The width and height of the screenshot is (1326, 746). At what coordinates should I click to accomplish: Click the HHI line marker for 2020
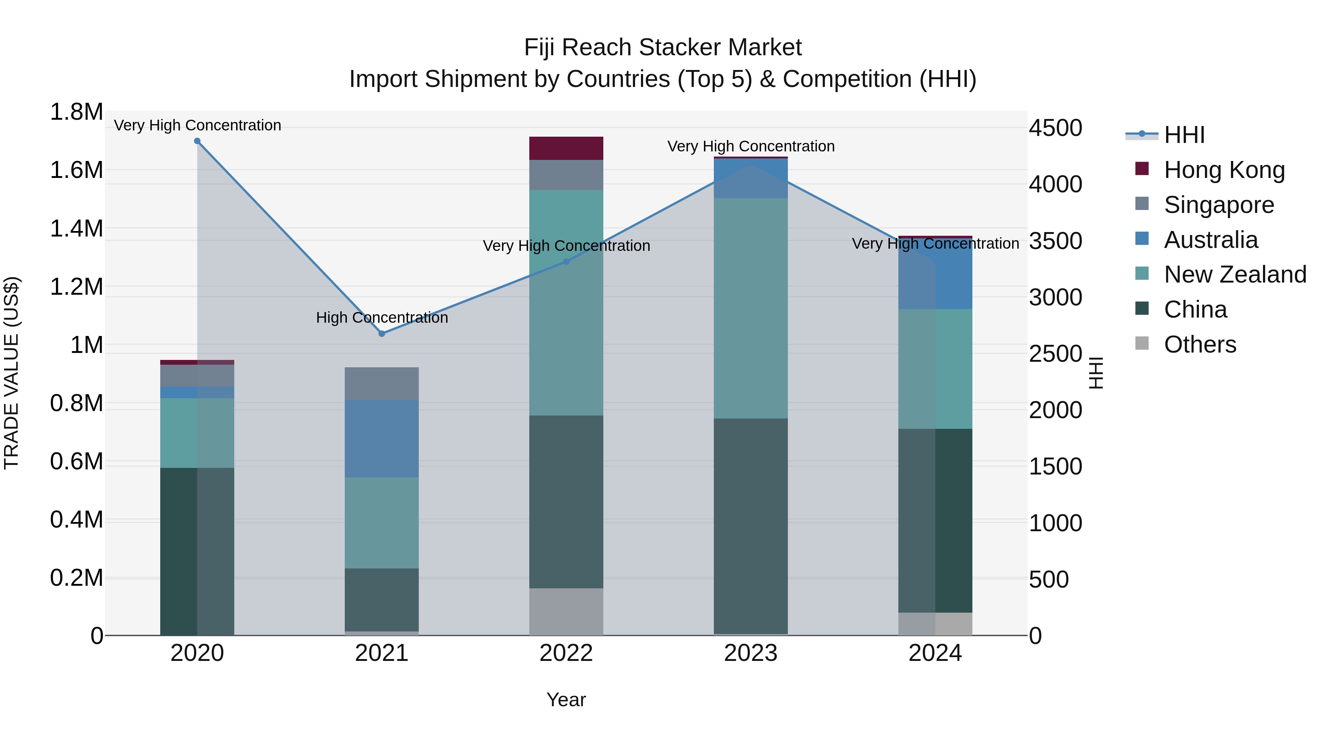coord(197,141)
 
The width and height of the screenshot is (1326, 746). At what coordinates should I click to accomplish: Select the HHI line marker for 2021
coord(382,334)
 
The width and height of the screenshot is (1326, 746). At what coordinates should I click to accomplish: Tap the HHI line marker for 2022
coord(566,262)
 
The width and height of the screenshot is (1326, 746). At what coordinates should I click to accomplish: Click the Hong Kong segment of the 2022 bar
coord(566,148)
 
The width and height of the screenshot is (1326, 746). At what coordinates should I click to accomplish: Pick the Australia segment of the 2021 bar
coord(382,439)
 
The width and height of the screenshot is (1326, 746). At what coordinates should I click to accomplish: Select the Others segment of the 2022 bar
coord(566,612)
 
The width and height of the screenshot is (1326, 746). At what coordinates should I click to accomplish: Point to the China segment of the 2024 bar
coord(935,520)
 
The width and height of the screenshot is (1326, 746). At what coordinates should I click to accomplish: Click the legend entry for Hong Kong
coord(1224,170)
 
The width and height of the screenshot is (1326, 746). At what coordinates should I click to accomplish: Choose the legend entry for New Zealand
coord(1234,274)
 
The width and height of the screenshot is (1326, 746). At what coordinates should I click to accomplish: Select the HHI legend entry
coord(1184,135)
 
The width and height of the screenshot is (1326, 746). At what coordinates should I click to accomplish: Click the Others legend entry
coord(1199,344)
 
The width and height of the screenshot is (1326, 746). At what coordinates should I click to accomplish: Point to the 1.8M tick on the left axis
coord(76,112)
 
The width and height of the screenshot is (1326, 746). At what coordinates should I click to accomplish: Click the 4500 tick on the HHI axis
coord(1055,128)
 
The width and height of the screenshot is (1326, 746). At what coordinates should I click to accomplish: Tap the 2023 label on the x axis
coord(751,653)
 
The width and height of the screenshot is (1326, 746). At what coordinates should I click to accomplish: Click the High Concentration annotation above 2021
coord(382,318)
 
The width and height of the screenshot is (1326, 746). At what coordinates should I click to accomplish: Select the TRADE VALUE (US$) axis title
coord(11,373)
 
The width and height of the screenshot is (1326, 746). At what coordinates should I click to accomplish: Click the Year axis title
coord(566,700)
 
